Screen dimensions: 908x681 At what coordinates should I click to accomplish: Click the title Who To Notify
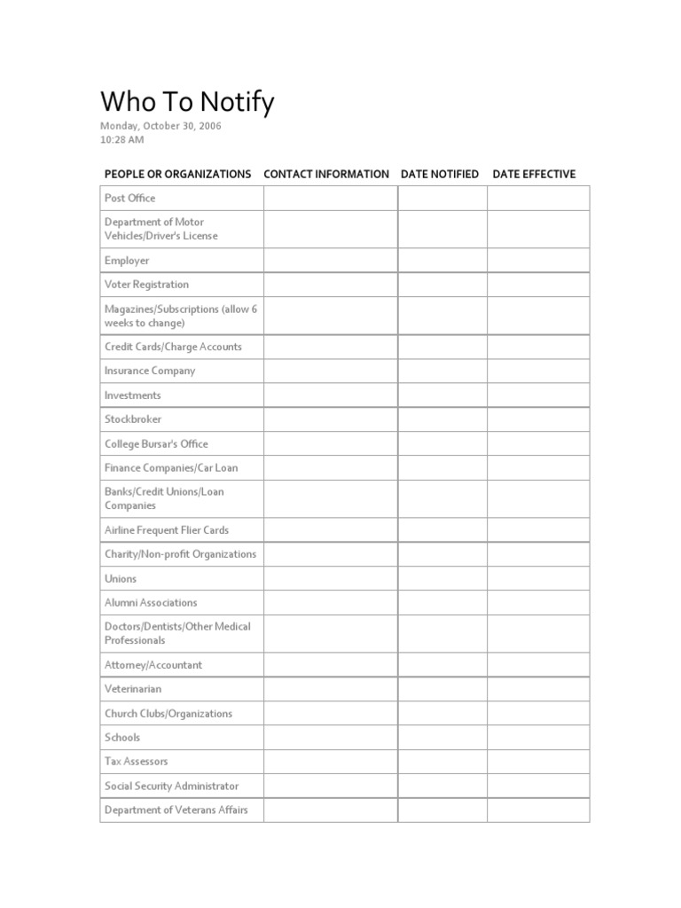click(187, 103)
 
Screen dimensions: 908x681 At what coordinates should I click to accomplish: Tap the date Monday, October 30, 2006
click(160, 126)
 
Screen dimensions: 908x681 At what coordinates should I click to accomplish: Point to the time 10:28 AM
click(122, 139)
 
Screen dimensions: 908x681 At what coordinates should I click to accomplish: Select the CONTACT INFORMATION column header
click(326, 174)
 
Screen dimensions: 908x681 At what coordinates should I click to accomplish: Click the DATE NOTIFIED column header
click(440, 174)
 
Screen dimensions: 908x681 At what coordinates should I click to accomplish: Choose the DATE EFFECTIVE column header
click(534, 174)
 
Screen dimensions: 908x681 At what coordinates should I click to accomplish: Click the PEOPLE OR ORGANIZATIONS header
click(177, 174)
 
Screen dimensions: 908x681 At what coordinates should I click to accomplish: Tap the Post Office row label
click(129, 198)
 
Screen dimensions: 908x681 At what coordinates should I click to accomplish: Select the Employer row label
click(127, 261)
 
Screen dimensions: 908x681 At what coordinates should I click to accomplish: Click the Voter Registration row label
click(146, 285)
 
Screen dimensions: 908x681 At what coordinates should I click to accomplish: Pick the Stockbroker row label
click(133, 419)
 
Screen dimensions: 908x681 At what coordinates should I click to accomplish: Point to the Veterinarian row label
click(133, 689)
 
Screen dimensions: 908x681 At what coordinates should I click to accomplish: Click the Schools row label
click(122, 738)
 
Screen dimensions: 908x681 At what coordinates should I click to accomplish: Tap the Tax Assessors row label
click(136, 762)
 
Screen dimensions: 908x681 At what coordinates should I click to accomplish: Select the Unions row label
click(121, 579)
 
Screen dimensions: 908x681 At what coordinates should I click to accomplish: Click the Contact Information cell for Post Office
click(330, 198)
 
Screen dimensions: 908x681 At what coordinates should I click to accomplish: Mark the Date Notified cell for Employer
click(442, 261)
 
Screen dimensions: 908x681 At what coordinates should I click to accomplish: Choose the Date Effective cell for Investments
click(537, 395)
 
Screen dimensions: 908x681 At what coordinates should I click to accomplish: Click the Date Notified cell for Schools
click(442, 738)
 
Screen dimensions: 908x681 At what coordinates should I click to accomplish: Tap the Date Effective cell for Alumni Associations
click(537, 603)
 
